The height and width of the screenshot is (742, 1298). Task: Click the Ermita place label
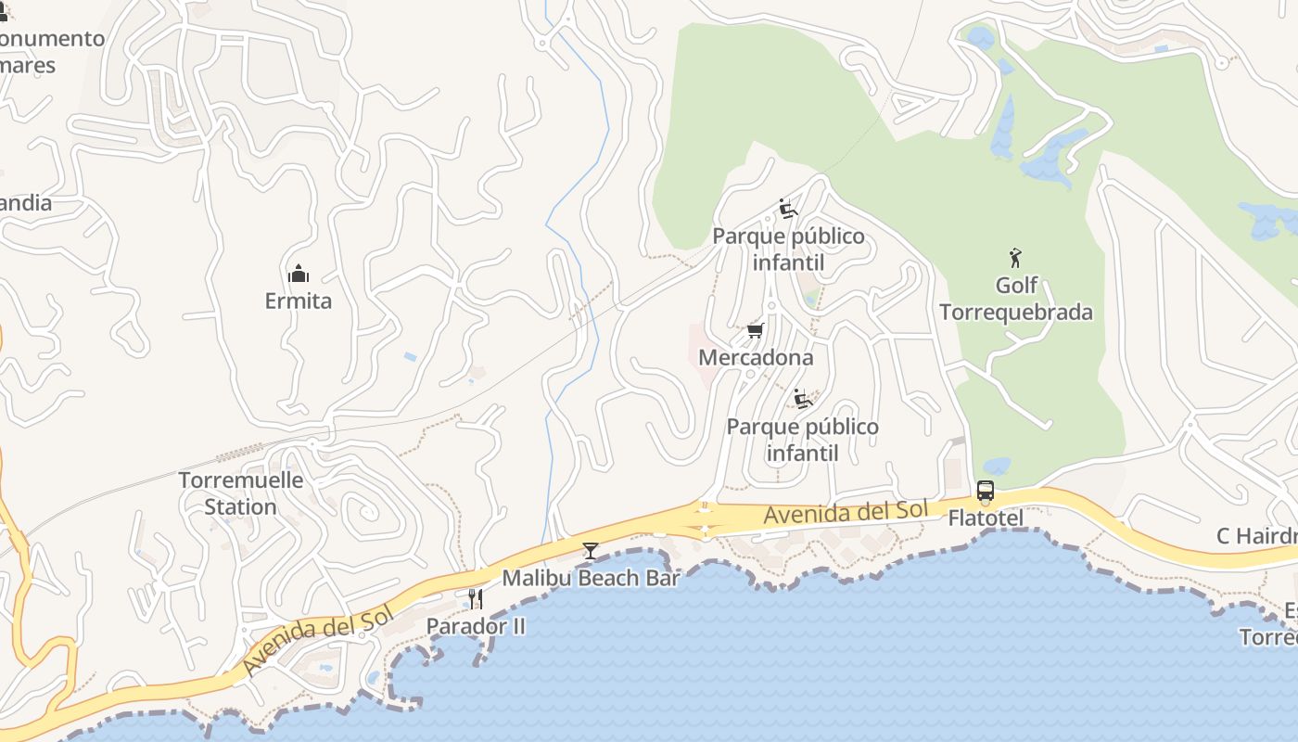click(x=298, y=301)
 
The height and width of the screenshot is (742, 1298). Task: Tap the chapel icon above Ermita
click(x=298, y=273)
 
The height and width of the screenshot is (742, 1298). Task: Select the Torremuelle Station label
click(x=240, y=493)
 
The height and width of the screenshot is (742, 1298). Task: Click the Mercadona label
click(x=756, y=357)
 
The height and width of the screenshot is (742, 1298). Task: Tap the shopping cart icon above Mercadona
click(x=756, y=330)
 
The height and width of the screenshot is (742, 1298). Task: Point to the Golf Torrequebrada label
click(x=1016, y=299)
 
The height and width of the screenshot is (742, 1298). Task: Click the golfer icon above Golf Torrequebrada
click(x=1016, y=258)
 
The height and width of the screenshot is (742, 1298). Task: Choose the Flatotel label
click(x=986, y=518)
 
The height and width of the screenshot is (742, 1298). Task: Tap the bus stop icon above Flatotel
click(x=986, y=491)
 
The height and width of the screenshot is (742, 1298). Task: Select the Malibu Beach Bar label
click(x=591, y=578)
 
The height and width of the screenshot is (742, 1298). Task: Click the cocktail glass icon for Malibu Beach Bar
click(x=590, y=550)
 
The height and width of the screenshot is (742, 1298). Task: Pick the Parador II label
click(x=476, y=626)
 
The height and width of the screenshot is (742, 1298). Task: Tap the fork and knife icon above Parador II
click(x=476, y=598)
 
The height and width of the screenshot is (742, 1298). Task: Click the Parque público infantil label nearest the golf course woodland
click(x=788, y=249)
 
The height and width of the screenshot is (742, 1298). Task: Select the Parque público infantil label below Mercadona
click(x=802, y=440)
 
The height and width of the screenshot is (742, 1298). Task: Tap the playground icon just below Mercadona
click(x=803, y=400)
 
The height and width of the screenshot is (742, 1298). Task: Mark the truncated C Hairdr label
click(x=1256, y=536)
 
